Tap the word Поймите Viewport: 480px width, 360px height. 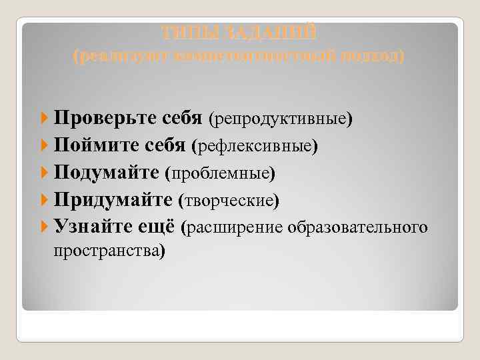tap(93, 145)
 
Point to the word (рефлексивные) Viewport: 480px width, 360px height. tap(256, 145)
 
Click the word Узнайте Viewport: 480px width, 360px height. tap(91, 228)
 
